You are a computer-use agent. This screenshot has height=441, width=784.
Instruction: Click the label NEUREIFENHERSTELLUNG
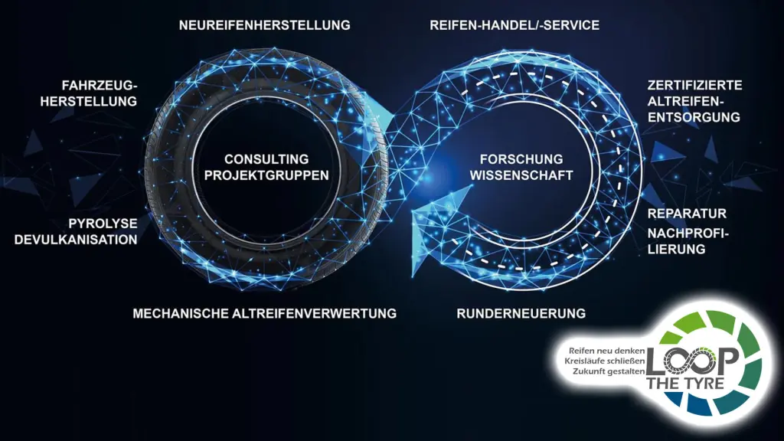264,25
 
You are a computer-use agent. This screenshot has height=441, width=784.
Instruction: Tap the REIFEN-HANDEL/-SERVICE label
514,25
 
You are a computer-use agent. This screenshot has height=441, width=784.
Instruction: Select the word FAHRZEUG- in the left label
100,85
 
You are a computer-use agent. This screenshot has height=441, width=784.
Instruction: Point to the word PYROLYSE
103,223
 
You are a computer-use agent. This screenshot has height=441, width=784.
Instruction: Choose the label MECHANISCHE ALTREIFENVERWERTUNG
264,313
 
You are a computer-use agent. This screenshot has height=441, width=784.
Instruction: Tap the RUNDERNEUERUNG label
521,313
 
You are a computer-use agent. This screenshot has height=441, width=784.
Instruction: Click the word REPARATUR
687,213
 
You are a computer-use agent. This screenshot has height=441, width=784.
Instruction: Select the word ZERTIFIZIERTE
694,85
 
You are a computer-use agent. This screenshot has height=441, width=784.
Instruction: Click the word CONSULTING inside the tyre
266,159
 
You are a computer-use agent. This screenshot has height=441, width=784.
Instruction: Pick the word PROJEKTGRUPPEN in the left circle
266,175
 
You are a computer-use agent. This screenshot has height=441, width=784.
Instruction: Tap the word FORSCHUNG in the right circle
521,159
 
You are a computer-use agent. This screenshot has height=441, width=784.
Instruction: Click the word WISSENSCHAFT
521,175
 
